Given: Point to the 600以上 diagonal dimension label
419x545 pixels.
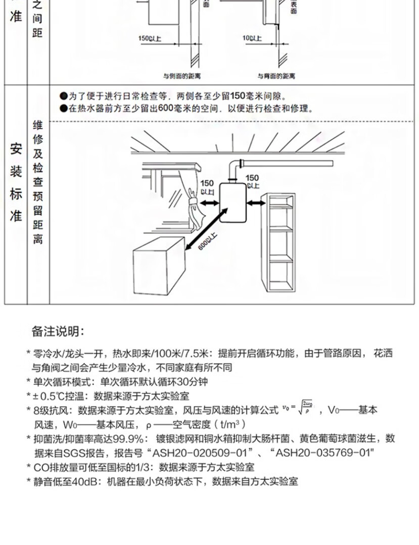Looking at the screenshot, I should click(208, 243).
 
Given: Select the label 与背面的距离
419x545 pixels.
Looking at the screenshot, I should click(277, 76).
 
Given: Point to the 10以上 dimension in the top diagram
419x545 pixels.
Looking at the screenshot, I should click(252, 38).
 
